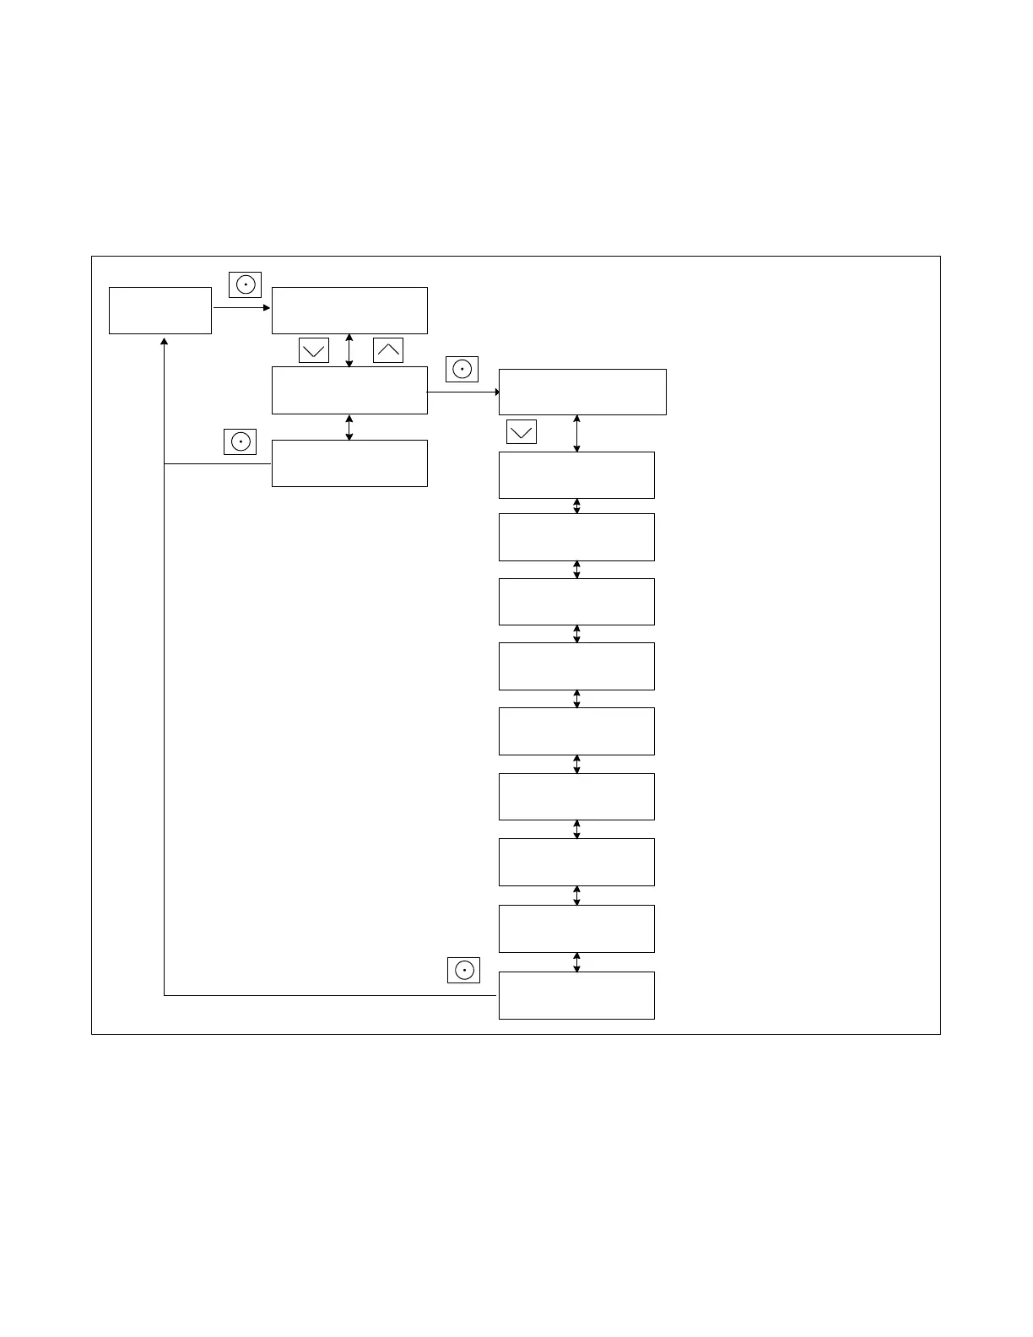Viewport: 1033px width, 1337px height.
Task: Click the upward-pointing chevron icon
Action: [388, 350]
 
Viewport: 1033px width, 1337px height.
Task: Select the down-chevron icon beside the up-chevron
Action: [314, 350]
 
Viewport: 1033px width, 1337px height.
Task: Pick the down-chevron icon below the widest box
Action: [522, 432]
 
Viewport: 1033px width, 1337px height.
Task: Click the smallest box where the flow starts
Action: [160, 311]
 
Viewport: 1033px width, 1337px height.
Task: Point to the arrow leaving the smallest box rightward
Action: [241, 308]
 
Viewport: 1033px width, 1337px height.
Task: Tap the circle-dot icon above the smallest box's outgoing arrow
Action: [245, 285]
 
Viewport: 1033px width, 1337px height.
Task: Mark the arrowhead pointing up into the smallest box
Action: [164, 342]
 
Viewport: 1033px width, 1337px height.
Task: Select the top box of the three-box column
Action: [349, 311]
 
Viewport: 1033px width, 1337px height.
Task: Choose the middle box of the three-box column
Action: [349, 390]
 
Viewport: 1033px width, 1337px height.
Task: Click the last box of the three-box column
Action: [349, 463]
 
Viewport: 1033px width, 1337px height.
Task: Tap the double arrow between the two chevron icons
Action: [349, 350]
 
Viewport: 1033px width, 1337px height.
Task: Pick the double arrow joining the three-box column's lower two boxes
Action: [349, 427]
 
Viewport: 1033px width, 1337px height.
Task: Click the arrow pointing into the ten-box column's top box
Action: [463, 392]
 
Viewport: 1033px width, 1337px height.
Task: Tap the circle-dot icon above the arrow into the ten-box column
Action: [462, 370]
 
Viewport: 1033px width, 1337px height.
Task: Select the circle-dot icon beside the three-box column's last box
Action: [240, 441]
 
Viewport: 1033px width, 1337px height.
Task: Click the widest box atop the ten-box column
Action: [582, 392]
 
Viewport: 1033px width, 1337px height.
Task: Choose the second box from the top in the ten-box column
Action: [576, 475]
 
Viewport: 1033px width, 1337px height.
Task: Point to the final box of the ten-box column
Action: [576, 995]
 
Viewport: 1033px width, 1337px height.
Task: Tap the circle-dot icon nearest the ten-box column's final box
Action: [463, 971]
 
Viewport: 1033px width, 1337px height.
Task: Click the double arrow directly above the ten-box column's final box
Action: [577, 962]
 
